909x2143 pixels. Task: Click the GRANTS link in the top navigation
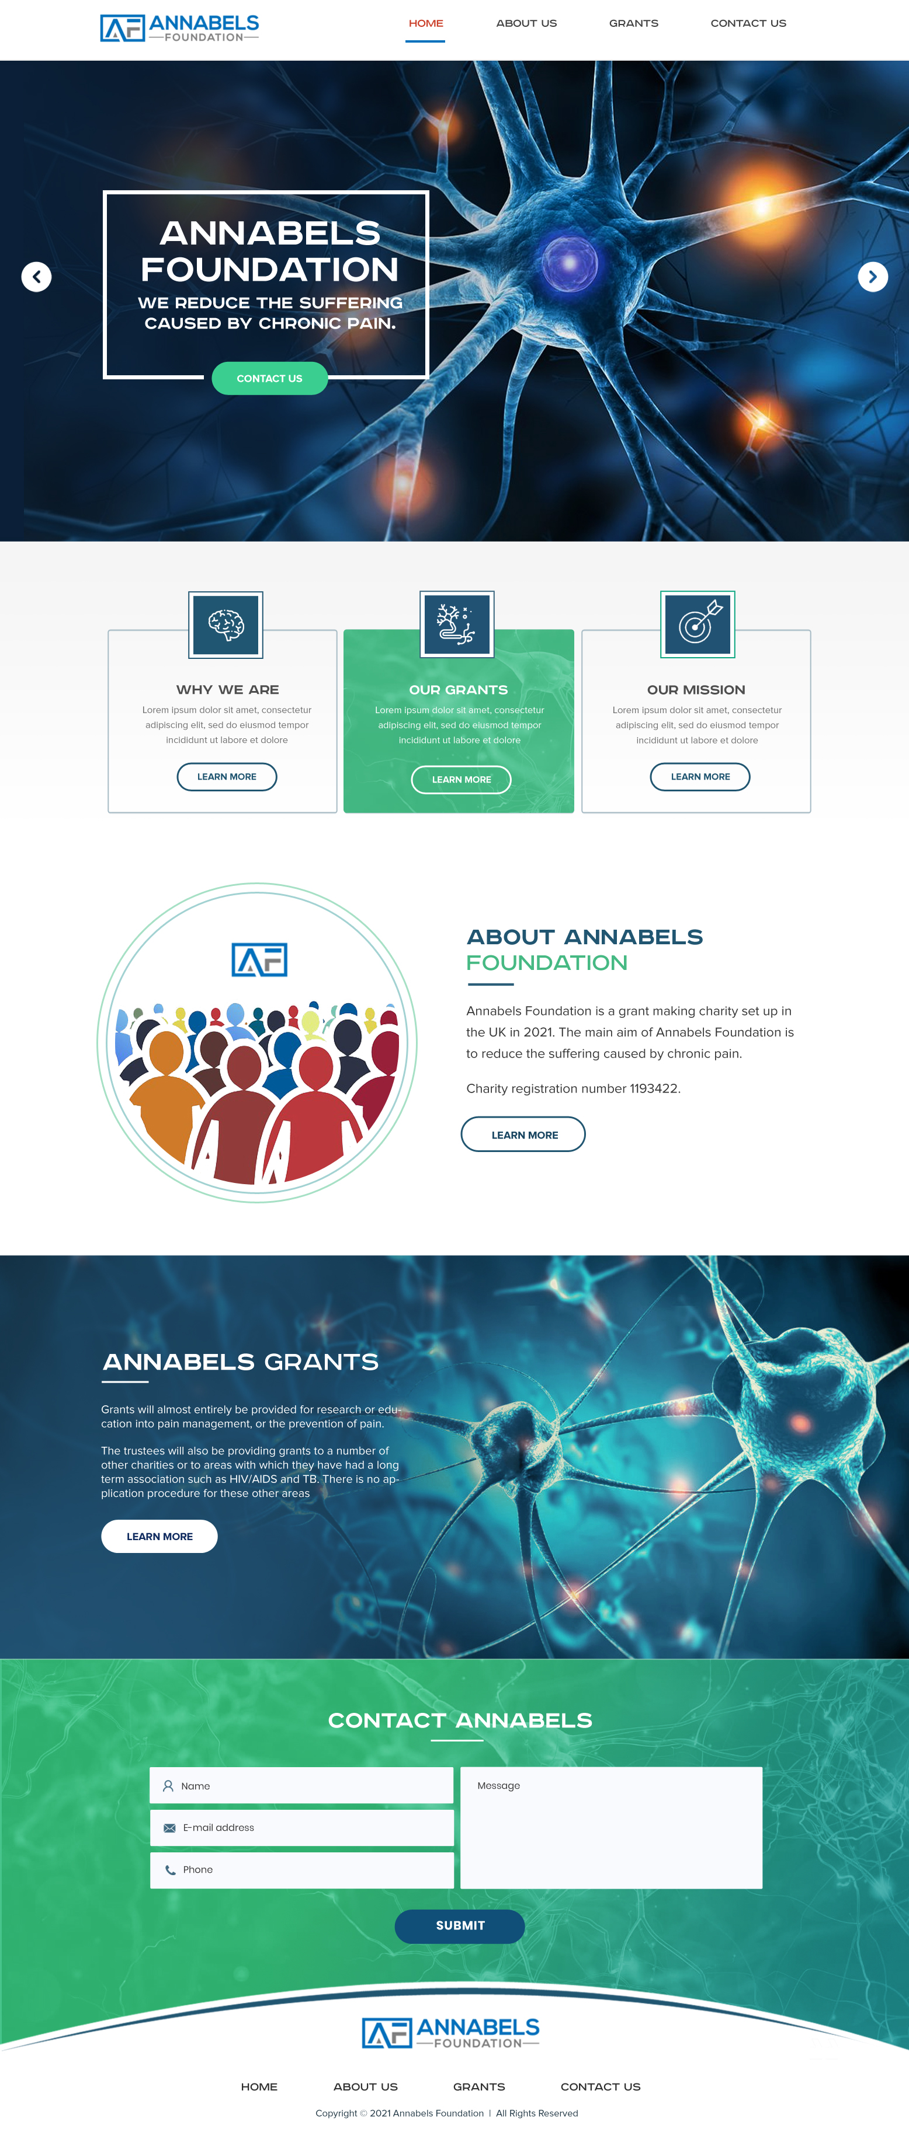tap(633, 23)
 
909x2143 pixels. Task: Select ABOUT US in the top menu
tap(526, 23)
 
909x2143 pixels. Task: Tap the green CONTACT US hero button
tap(270, 379)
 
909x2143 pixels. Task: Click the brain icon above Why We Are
tap(225, 624)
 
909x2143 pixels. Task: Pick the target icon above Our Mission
tap(698, 624)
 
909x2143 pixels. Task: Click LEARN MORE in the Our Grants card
tap(461, 780)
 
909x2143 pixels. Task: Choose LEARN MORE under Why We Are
tap(227, 776)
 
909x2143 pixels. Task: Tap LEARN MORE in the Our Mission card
tap(700, 776)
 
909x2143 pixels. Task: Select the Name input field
tap(301, 1785)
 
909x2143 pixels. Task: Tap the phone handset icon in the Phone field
tap(170, 1869)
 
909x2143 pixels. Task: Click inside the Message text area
tap(611, 1828)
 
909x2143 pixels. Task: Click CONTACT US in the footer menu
tap(600, 2086)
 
